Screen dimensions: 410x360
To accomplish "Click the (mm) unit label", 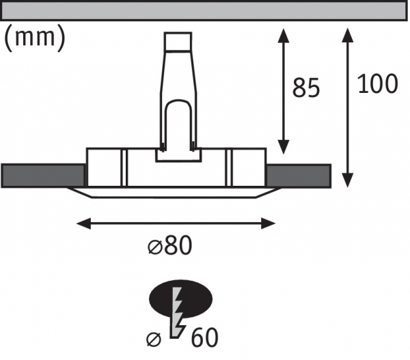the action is pyautogui.click(x=35, y=38).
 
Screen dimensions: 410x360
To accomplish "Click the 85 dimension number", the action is pyautogui.click(x=305, y=88).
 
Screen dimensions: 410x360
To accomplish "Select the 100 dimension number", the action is pyautogui.click(x=377, y=83).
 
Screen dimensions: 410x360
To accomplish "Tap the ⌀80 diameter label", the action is pyautogui.click(x=170, y=245).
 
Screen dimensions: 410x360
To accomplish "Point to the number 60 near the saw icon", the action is pyautogui.click(x=204, y=337).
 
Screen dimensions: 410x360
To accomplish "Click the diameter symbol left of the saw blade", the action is pyautogui.click(x=154, y=340).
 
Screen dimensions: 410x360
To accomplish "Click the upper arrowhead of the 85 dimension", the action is pyautogui.click(x=283, y=36).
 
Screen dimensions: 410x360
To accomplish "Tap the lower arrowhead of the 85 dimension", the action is pyautogui.click(x=283, y=147).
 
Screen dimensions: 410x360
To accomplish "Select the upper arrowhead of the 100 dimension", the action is pyautogui.click(x=348, y=35).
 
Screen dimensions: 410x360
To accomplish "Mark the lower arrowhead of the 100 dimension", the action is pyautogui.click(x=348, y=180).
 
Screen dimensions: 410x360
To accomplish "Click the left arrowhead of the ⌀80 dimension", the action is pyautogui.click(x=83, y=223).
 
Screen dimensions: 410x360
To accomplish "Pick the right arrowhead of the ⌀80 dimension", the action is pyautogui.click(x=269, y=223).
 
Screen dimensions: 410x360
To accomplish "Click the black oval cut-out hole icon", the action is pyautogui.click(x=180, y=299).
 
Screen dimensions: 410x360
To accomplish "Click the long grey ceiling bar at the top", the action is pyautogui.click(x=204, y=11).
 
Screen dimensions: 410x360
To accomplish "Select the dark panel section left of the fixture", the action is pyautogui.click(x=43, y=176).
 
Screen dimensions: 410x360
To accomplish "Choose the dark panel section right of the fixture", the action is pyautogui.click(x=299, y=176).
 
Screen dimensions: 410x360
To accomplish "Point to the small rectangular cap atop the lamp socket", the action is pyautogui.click(x=178, y=41).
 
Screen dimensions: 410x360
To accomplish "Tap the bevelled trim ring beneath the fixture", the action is pyautogui.click(x=174, y=193).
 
